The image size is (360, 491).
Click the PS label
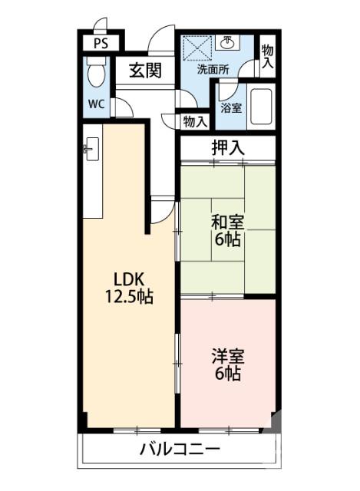101,44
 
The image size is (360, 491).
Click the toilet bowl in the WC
95,74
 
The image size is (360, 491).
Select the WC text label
95,104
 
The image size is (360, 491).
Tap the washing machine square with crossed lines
197,48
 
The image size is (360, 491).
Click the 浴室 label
231,107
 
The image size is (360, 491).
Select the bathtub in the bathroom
263,107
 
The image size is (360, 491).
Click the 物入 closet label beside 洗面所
266,56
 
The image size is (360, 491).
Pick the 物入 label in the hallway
195,120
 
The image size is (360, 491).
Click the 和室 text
228,222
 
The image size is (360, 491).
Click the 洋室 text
228,357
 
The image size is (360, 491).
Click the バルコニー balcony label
180,450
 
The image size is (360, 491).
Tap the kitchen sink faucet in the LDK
88,148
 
